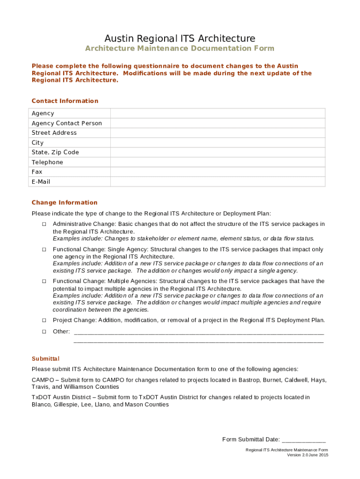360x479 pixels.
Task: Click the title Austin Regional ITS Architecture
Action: click(x=180, y=38)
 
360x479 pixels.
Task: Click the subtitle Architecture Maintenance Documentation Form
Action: click(x=180, y=49)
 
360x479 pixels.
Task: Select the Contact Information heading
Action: click(x=65, y=101)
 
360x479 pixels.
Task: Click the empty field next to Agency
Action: click(x=217, y=113)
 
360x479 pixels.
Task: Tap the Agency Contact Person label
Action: click(x=66, y=123)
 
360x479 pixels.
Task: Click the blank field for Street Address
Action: click(x=217, y=133)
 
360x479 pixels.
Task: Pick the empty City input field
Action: click(x=217, y=143)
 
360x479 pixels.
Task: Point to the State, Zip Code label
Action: click(x=55, y=152)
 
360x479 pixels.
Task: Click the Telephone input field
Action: click(x=217, y=162)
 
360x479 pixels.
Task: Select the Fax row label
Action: click(x=37, y=172)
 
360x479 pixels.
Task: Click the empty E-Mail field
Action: click(x=217, y=181)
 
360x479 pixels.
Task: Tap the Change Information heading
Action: click(x=65, y=203)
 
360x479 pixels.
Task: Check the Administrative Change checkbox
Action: click(x=44, y=224)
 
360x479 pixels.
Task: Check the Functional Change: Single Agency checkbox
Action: click(x=44, y=249)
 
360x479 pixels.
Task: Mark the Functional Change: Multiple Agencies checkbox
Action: click(x=44, y=282)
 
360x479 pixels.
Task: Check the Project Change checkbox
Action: click(x=44, y=320)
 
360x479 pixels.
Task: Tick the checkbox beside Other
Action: click(x=44, y=332)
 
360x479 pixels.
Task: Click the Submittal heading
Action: click(x=45, y=359)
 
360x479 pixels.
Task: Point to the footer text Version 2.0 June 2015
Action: click(x=308, y=455)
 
